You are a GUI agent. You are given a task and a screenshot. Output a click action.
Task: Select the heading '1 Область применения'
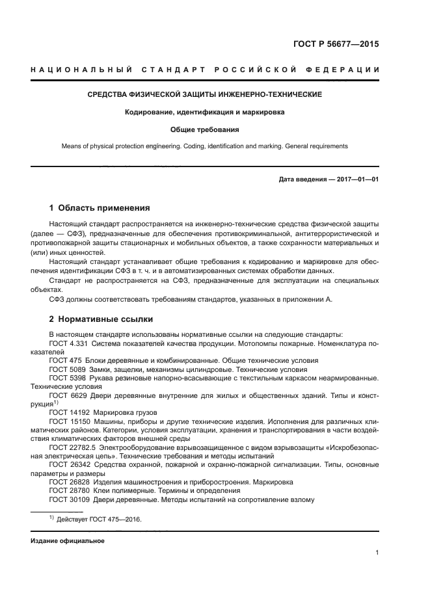click(x=100, y=208)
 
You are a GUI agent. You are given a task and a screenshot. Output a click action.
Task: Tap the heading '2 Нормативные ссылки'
click(x=101, y=320)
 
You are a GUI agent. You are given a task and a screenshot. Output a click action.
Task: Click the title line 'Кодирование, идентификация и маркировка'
click(x=205, y=112)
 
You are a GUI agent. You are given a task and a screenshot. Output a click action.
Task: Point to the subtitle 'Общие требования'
click(x=205, y=129)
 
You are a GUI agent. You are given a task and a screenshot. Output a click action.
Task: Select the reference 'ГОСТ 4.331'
click(x=69, y=343)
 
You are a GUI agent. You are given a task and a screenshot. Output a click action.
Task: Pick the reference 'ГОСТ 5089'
click(x=66, y=368)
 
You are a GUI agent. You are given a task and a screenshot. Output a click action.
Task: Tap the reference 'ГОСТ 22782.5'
click(x=73, y=447)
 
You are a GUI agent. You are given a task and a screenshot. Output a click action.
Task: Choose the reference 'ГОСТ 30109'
click(x=69, y=499)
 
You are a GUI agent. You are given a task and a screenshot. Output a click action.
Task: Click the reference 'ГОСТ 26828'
click(x=69, y=482)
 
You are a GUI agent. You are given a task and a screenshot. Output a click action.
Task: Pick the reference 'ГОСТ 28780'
click(x=69, y=490)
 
